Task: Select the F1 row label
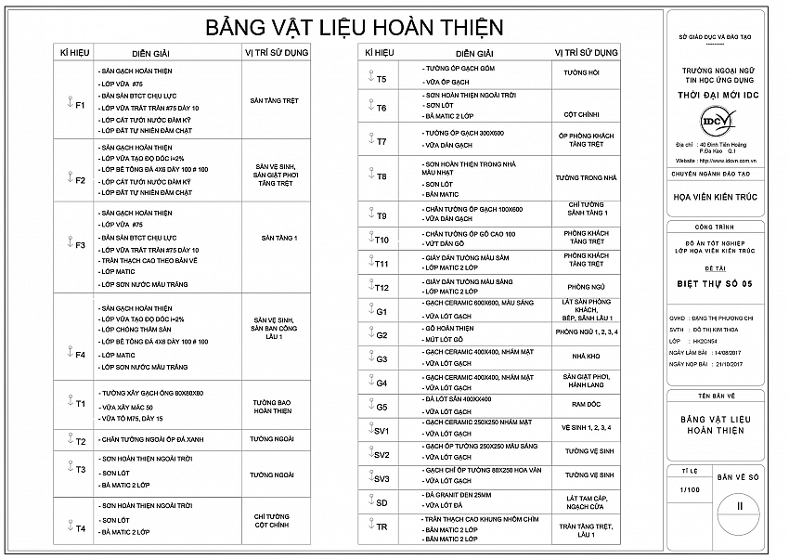(80, 105)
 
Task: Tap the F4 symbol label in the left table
(80, 355)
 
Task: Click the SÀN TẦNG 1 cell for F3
(279, 239)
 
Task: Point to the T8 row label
(382, 176)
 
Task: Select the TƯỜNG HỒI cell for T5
(582, 72)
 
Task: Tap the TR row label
(382, 526)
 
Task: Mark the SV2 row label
(382, 455)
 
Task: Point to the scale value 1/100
(690, 488)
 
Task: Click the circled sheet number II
(739, 506)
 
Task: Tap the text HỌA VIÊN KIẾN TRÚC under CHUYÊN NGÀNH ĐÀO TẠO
(715, 196)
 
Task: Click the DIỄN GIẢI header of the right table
(474, 54)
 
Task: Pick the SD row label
(382, 502)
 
